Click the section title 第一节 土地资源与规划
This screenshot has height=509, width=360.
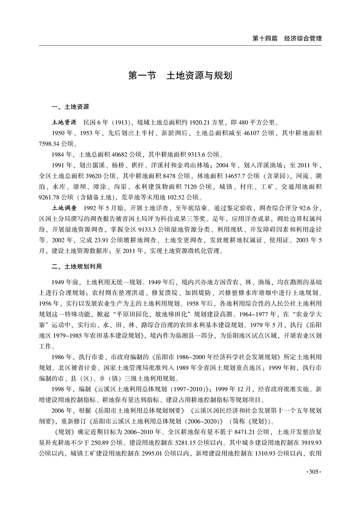(180, 74)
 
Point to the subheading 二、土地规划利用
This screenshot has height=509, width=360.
(76, 265)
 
